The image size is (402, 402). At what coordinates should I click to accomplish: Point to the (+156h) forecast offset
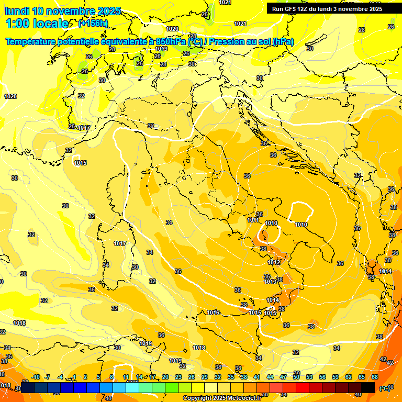click(93, 24)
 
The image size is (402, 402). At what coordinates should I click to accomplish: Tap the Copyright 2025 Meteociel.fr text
click(222, 398)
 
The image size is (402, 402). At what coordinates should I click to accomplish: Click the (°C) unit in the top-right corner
click(390, 26)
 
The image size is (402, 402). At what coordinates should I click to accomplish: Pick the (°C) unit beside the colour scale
click(384, 388)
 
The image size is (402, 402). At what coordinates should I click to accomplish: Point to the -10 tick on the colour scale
click(36, 377)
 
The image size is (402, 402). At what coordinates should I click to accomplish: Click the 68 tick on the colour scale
click(375, 377)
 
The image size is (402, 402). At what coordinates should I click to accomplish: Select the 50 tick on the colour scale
click(296, 377)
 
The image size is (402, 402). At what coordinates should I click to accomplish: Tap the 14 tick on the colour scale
click(139, 377)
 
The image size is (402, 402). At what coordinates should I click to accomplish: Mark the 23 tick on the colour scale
click(178, 377)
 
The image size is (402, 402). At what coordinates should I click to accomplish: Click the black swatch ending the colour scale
click(368, 387)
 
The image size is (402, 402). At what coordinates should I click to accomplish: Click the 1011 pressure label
click(253, 220)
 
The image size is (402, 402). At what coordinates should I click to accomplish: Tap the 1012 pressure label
click(274, 262)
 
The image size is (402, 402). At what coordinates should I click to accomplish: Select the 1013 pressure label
click(270, 282)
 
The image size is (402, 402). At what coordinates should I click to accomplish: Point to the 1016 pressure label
click(213, 312)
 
